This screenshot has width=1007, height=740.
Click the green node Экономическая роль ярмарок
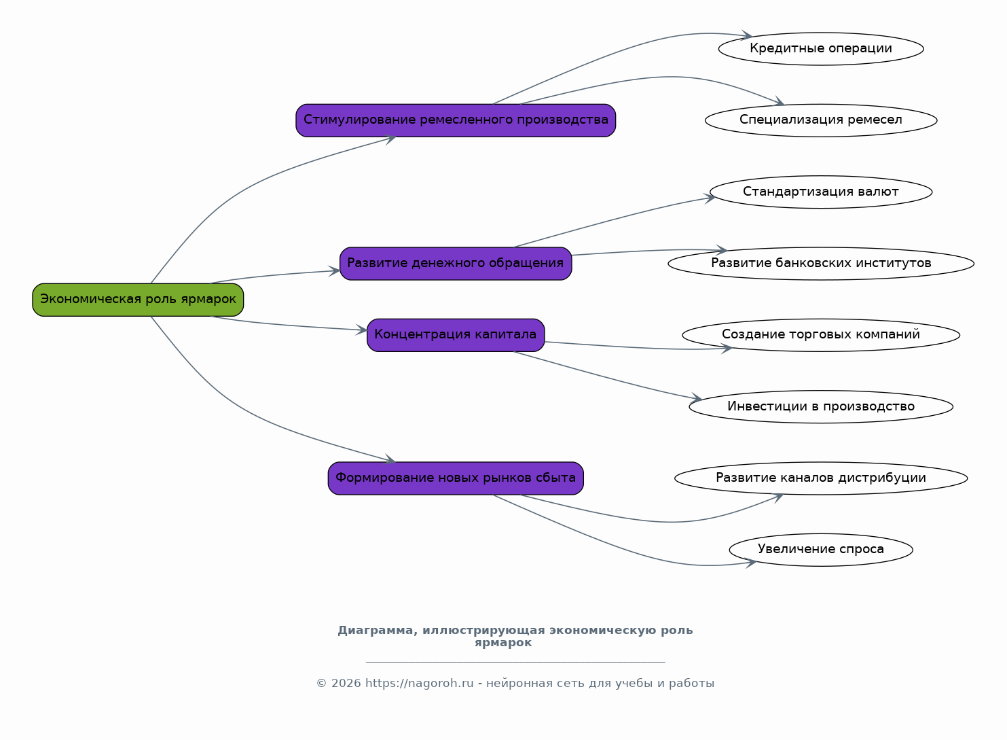pos(138,300)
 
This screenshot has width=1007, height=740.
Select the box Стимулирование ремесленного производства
pos(456,120)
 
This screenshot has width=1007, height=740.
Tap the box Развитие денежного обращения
pos(456,264)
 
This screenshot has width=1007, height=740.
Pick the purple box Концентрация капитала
pos(456,335)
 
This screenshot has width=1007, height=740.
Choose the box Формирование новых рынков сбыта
pos(456,478)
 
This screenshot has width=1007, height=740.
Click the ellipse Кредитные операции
pos(821,48)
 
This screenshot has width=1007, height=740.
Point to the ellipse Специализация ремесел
pos(821,120)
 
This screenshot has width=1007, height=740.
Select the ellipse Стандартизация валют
pos(821,192)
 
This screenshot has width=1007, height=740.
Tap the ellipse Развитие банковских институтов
pos(821,264)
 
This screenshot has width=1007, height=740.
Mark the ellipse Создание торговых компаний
pos(821,335)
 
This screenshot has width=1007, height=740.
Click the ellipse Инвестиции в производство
pos(821,406)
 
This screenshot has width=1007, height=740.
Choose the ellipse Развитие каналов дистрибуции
pos(821,478)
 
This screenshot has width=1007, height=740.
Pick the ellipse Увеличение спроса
pos(821,550)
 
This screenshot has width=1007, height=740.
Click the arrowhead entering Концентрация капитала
pos(363,330)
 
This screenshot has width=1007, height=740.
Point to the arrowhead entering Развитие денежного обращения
pos(335,271)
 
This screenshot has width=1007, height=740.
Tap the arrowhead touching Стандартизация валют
pos(710,198)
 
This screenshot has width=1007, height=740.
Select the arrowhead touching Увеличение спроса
pos(751,563)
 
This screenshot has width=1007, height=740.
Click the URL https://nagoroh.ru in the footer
pos(419,684)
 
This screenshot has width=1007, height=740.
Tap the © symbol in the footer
pos(321,684)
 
